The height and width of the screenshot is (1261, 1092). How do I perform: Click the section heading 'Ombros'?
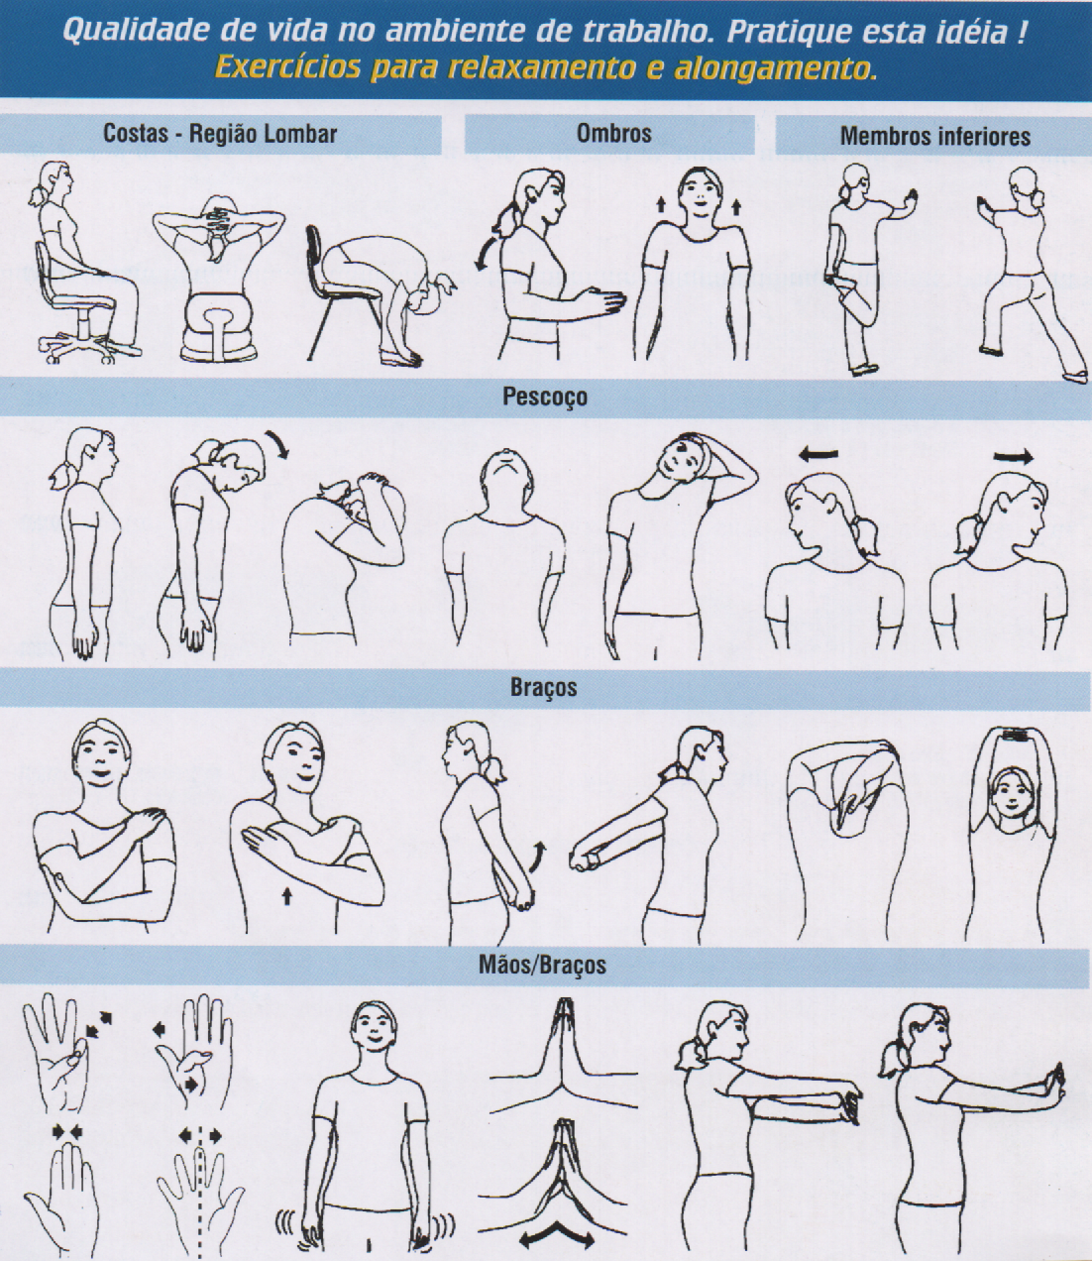tap(613, 133)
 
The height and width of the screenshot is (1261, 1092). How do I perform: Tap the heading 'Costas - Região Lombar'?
tap(220, 134)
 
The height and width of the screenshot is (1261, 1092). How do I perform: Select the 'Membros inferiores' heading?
tap(934, 136)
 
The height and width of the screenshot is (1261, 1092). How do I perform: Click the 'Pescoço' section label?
tap(544, 398)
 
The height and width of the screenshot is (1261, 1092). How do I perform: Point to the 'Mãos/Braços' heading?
tap(542, 965)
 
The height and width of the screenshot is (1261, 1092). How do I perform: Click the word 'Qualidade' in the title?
tap(136, 31)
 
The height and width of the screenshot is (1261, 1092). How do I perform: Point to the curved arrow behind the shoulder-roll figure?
tap(485, 253)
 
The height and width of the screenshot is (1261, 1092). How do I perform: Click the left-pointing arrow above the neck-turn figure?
tap(819, 453)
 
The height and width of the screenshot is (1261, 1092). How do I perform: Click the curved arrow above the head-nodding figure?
tap(276, 443)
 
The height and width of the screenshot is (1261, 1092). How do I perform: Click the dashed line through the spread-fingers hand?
tap(199, 1197)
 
